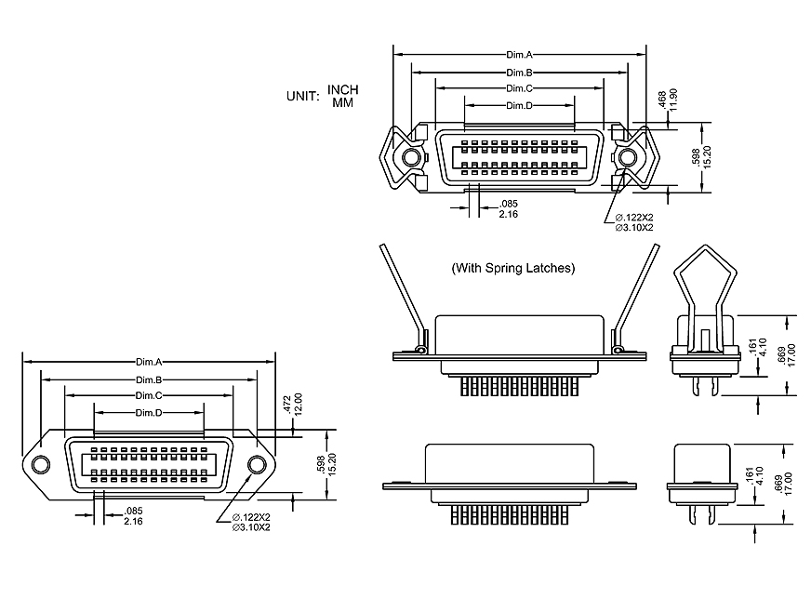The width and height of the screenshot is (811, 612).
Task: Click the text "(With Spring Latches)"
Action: pyautogui.click(x=512, y=268)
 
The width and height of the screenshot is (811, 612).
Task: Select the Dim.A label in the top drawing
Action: pyautogui.click(x=519, y=56)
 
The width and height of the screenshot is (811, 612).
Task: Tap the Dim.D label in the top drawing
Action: pyautogui.click(x=519, y=105)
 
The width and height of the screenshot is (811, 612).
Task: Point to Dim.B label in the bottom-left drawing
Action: pyautogui.click(x=149, y=379)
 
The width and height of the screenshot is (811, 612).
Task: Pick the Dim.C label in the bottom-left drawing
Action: pyautogui.click(x=149, y=396)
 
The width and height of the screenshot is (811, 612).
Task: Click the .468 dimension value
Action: pyautogui.click(x=661, y=99)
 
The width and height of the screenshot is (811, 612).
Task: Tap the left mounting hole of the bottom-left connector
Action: pyautogui.click(x=40, y=464)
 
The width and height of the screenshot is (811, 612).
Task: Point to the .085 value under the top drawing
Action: pyautogui.click(x=509, y=204)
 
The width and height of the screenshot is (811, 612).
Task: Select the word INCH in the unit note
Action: pyautogui.click(x=342, y=90)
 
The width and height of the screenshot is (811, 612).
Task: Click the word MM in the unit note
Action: pyautogui.click(x=342, y=102)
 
